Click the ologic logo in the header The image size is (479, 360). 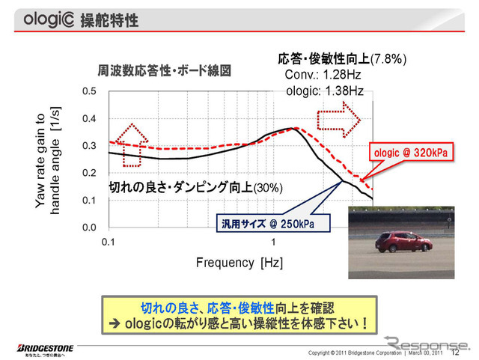pyautogui.click(x=49, y=18)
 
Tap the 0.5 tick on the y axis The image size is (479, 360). pyautogui.click(x=90, y=91)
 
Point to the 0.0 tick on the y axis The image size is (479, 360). pyautogui.click(x=90, y=227)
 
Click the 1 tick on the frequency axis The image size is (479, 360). pyautogui.click(x=273, y=243)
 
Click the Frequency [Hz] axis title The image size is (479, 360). pyautogui.click(x=239, y=263)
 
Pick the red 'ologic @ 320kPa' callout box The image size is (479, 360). pyautogui.click(x=412, y=153)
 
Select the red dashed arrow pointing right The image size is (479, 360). pyautogui.click(x=339, y=119)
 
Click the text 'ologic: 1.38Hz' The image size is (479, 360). pyautogui.click(x=325, y=91)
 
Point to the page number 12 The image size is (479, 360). pyautogui.click(x=455, y=352)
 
